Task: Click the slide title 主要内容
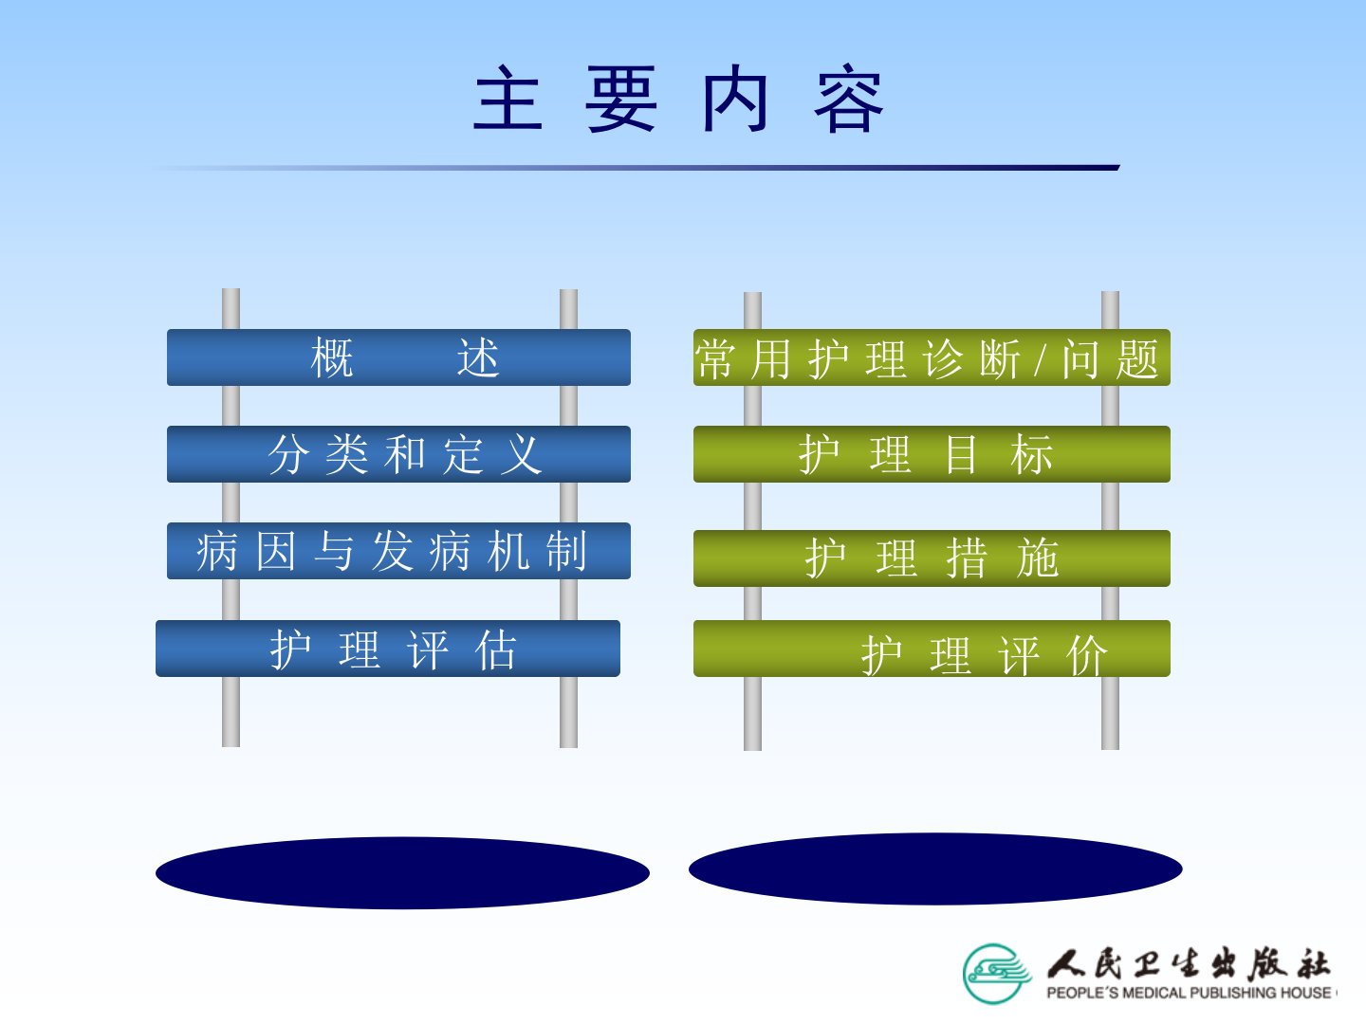678,99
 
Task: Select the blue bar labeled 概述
398,357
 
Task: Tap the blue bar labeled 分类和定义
398,454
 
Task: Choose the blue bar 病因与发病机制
398,551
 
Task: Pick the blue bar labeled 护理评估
388,648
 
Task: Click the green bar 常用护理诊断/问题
932,357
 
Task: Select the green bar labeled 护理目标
932,454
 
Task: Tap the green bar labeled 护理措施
932,558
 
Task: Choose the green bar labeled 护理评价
932,648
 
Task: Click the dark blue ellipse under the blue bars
402,873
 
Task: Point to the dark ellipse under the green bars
935,869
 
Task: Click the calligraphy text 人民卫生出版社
1188,963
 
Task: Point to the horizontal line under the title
635,168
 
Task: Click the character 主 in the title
508,99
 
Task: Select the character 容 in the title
849,99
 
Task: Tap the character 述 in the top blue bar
478,358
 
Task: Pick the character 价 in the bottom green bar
1086,655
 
